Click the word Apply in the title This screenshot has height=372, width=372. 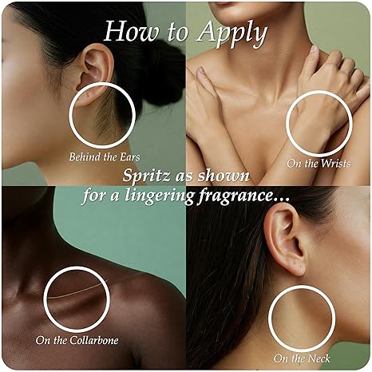[232, 34]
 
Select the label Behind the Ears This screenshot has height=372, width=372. [105, 157]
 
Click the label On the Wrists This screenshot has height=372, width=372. [319, 164]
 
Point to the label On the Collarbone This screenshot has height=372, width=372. [77, 340]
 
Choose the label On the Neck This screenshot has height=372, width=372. [302, 358]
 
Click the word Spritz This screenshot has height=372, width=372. [146, 176]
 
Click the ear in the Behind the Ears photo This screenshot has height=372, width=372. [95, 74]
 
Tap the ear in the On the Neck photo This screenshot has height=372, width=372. [285, 239]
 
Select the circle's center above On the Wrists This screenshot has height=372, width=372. [319, 124]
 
